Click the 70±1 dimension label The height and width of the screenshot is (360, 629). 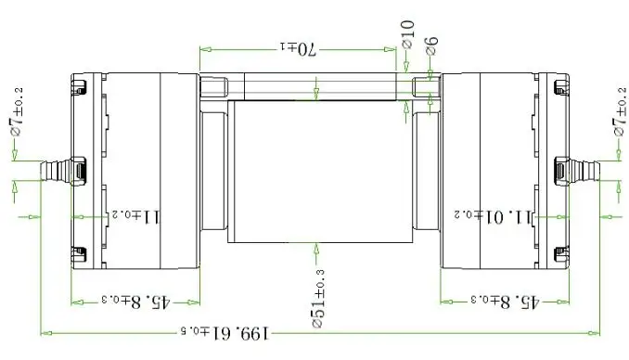(299, 49)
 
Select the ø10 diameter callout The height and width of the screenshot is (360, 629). (407, 34)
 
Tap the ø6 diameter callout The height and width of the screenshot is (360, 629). (431, 46)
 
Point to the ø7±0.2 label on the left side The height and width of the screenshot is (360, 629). (17, 112)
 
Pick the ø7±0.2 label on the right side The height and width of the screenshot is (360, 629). (620, 112)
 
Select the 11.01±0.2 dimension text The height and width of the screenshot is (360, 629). (493, 217)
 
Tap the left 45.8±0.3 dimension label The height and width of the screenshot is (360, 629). (136, 301)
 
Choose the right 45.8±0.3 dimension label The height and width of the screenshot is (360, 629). (505, 301)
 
